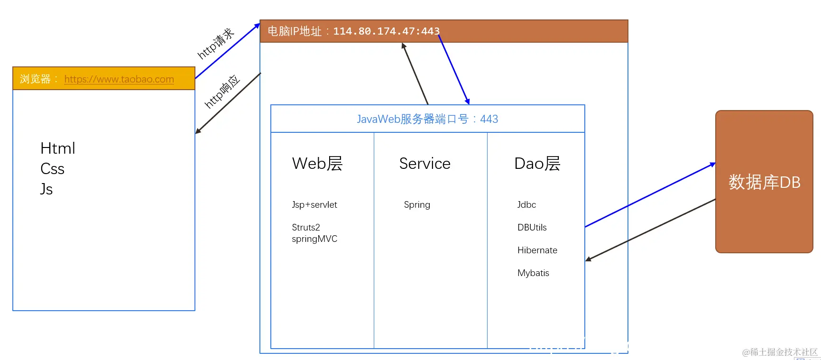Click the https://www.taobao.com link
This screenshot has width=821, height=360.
point(119,79)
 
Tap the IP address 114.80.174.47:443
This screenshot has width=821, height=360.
point(386,31)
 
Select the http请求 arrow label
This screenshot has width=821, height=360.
point(216,44)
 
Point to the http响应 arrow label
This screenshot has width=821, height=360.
point(222,92)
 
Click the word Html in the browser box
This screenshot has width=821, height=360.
point(58,148)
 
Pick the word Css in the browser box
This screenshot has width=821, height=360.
point(52,169)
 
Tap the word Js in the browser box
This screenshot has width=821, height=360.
point(46,189)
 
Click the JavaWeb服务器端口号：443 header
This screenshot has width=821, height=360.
point(427,119)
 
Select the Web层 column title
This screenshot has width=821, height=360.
point(317,164)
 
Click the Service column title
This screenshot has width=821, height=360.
point(424,164)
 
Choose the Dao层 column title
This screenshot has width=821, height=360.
point(537,164)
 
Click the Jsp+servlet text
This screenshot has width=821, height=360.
point(314,205)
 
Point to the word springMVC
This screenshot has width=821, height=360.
point(314,239)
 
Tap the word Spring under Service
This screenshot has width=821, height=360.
point(417,205)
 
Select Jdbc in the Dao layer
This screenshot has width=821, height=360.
point(526,205)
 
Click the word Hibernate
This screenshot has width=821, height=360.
point(537,250)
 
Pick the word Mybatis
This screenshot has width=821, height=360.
point(533,273)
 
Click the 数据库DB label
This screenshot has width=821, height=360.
point(764,182)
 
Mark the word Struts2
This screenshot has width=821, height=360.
point(306,228)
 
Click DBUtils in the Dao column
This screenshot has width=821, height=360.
point(532,228)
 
